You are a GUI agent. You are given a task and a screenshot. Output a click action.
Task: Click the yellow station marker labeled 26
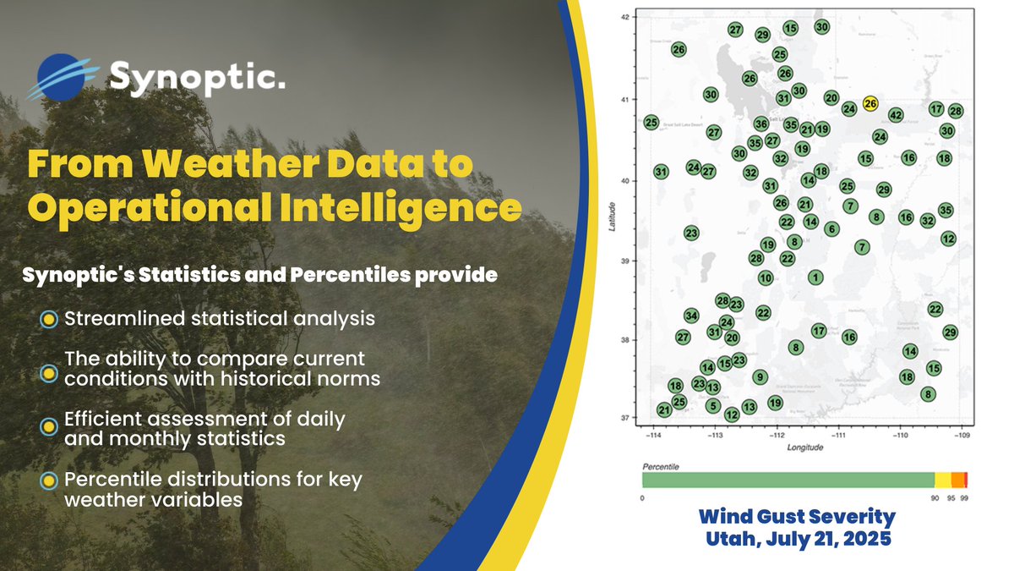(871, 103)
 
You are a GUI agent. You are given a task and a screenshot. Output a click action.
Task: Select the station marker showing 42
(897, 115)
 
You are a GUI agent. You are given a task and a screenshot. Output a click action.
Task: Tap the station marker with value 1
(815, 277)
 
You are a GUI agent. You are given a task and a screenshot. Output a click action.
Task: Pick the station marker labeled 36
(760, 124)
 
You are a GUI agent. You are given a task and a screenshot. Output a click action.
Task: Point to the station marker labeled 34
(691, 316)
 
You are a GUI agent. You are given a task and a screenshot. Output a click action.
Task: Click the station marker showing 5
(713, 406)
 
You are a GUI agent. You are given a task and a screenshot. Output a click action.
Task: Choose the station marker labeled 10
(766, 277)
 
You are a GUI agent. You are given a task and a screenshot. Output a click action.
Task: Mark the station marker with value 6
(831, 229)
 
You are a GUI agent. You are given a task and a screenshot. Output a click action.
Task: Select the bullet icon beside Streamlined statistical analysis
(49, 320)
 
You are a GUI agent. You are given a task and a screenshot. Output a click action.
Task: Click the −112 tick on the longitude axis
(777, 436)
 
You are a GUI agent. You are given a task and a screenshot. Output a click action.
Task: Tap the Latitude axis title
(612, 217)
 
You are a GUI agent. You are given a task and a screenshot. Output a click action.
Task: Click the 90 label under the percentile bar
(935, 499)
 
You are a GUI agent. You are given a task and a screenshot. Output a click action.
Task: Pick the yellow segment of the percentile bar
(942, 480)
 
